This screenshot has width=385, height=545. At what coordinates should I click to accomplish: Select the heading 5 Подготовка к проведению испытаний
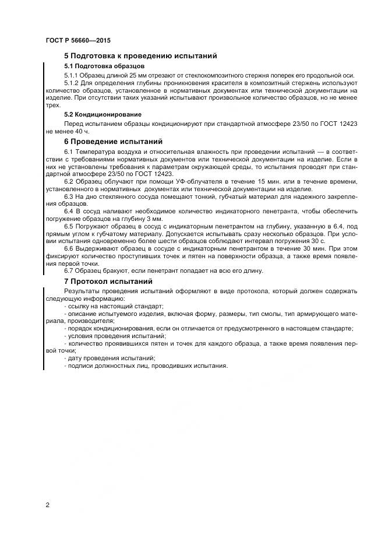[x=140, y=56]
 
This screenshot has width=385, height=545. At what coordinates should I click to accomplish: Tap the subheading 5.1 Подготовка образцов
[x=100, y=66]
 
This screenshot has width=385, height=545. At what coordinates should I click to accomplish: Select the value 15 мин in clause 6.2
[x=264, y=182]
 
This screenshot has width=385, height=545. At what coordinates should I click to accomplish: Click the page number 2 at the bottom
[x=47, y=505]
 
